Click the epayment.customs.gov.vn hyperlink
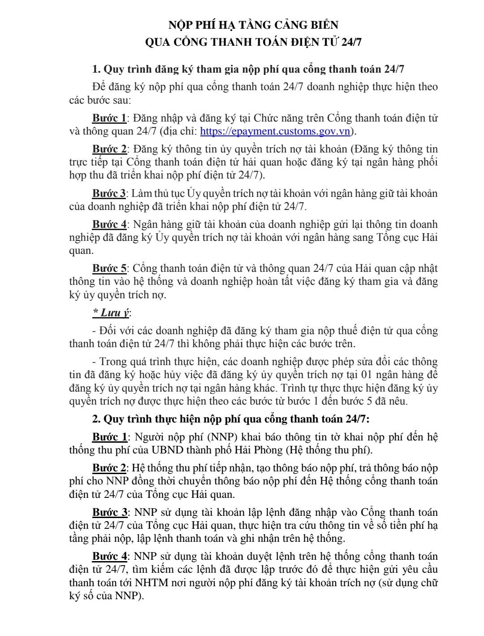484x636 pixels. (x=274, y=131)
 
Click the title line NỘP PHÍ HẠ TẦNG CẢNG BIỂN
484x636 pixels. (x=250, y=25)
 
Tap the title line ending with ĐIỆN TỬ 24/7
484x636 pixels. (x=253, y=42)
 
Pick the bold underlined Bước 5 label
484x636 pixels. (x=109, y=269)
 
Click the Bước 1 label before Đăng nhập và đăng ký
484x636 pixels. (x=109, y=118)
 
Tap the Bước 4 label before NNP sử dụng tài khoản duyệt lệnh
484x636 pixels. (x=109, y=557)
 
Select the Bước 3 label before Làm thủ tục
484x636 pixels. (x=109, y=194)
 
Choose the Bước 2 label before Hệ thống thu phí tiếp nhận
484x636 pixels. (x=109, y=468)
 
